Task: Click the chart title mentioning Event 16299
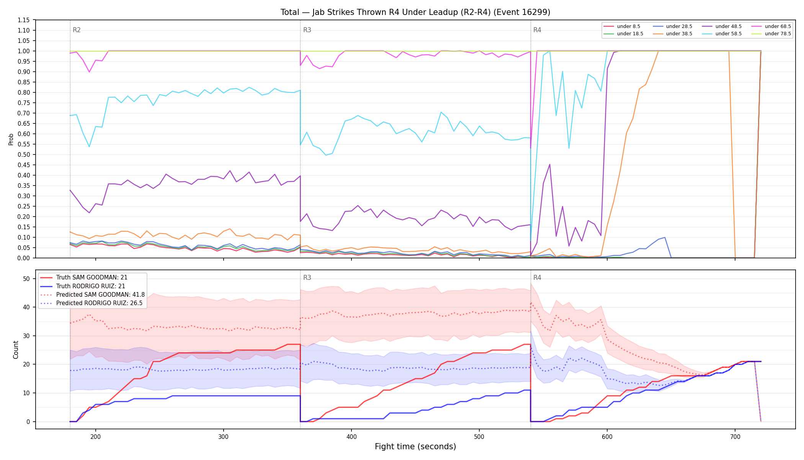click(x=415, y=12)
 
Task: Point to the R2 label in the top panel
click(x=77, y=30)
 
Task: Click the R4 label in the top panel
click(x=537, y=30)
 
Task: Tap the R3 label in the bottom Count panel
click(x=307, y=278)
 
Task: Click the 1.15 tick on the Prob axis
click(x=23, y=20)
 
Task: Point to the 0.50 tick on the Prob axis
click(x=23, y=154)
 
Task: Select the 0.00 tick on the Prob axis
click(x=23, y=258)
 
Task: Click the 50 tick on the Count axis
click(x=26, y=279)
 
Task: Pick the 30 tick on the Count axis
click(x=26, y=336)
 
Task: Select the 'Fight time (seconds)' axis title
click(x=415, y=447)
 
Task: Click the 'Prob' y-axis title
click(x=11, y=139)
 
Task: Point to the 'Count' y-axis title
click(x=16, y=350)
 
